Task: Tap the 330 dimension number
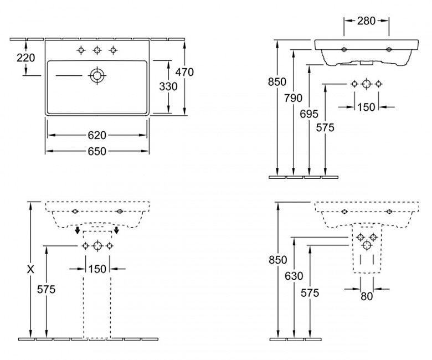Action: [x=167, y=86]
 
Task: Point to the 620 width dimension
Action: [x=97, y=135]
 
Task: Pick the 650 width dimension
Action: [x=97, y=151]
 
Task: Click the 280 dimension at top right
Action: [x=366, y=20]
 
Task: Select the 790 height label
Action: [x=294, y=99]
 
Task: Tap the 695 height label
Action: [x=310, y=114]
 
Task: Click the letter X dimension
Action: [x=31, y=269]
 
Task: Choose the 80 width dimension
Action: [x=366, y=296]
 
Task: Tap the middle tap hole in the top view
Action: [x=97, y=50]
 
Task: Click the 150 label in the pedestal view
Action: [x=97, y=269]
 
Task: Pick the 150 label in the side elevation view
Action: [x=366, y=107]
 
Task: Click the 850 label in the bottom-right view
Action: [x=278, y=260]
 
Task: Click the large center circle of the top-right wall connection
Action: [x=366, y=84]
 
